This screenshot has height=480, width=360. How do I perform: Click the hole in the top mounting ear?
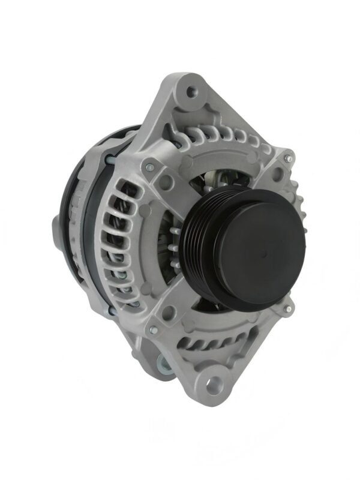click(x=191, y=92)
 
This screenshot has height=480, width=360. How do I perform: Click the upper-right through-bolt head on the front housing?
click(x=288, y=158)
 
